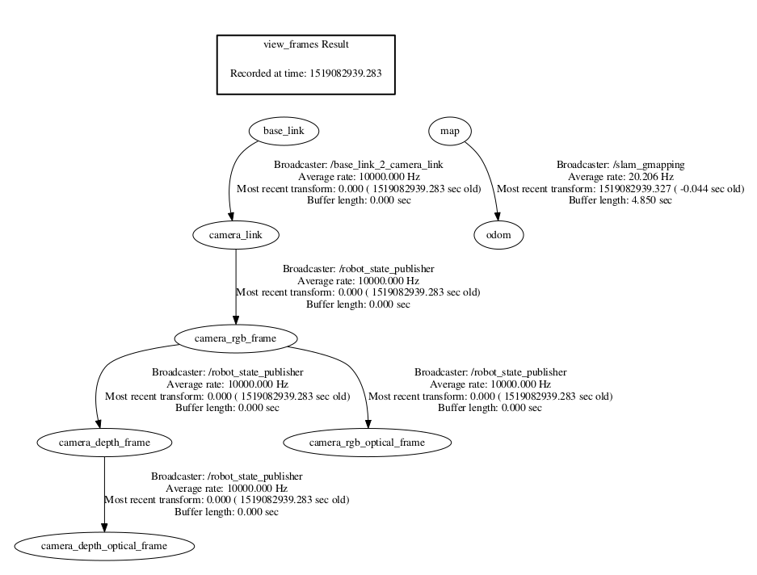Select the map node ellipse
point(450,130)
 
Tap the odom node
point(498,235)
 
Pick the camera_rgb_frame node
point(236,338)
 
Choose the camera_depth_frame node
point(105,443)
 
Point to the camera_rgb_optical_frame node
point(367,443)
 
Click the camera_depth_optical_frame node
point(105,547)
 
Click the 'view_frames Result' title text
point(305,44)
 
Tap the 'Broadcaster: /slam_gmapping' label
point(620,165)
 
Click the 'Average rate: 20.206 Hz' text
point(620,177)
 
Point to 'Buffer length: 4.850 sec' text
point(620,200)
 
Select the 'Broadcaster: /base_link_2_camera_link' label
point(358,165)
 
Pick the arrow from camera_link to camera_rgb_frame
point(236,287)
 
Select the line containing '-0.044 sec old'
point(620,189)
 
